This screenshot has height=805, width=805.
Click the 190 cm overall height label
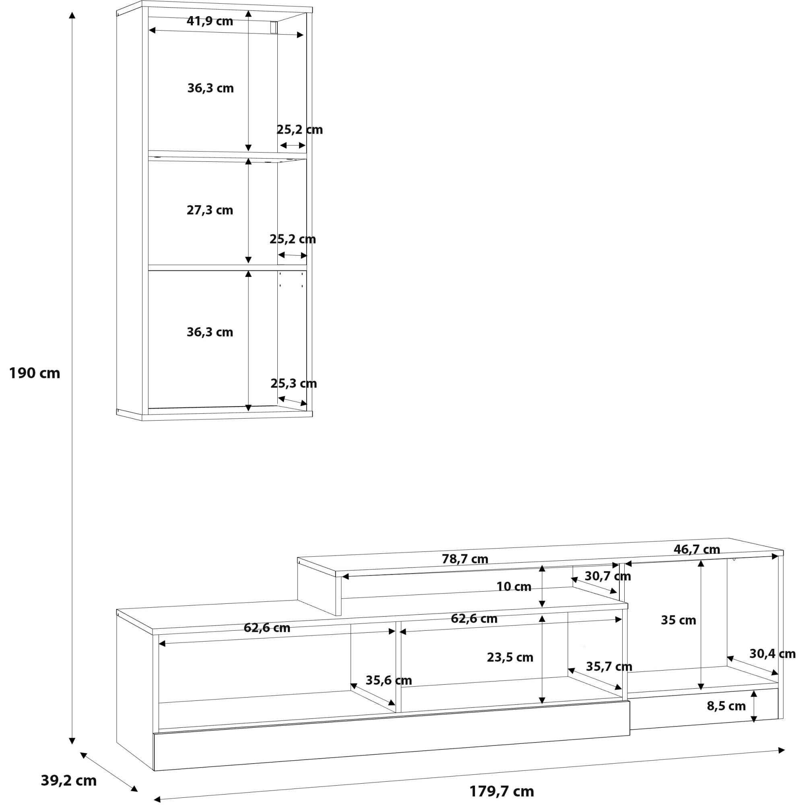35,373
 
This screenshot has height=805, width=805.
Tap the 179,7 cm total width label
501,791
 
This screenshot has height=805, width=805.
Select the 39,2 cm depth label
69,780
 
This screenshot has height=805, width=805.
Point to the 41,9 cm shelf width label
210,21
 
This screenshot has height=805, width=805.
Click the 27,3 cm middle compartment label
210,210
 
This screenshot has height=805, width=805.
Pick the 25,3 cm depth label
293,383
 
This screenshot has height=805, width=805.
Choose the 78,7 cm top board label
464,559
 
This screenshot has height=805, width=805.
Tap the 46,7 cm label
697,549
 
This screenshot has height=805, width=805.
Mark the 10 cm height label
513,587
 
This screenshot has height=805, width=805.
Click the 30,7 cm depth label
607,576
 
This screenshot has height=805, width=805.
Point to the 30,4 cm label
772,654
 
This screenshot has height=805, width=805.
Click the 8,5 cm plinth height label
726,706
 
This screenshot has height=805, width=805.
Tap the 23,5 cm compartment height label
510,658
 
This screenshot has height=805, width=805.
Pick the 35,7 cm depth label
609,667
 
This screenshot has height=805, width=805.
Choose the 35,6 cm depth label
388,680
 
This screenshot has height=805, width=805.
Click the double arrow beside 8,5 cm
753,706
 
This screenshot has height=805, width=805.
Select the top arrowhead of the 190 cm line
72,15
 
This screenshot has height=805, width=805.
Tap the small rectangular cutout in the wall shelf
273,27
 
